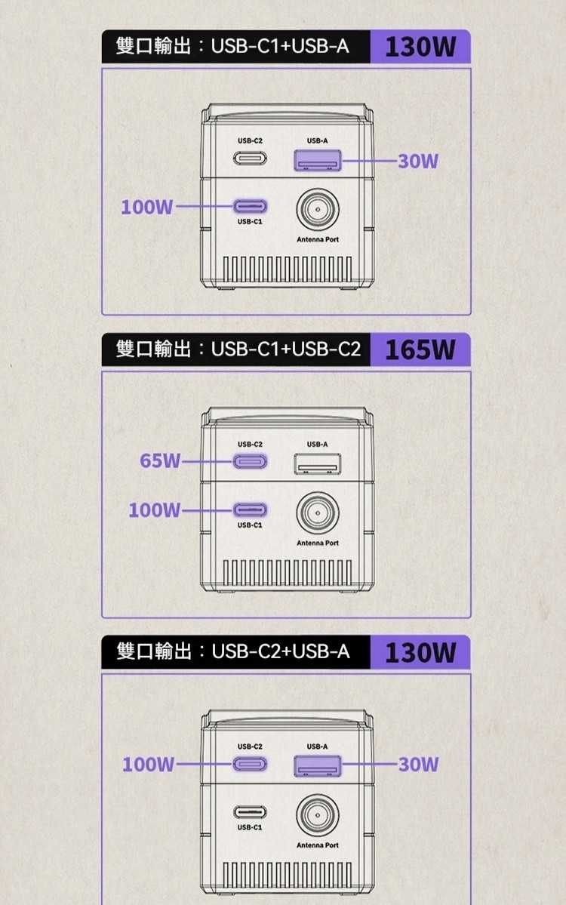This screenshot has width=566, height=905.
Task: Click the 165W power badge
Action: coord(420,349)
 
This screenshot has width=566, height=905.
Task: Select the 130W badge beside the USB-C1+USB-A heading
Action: coord(420,47)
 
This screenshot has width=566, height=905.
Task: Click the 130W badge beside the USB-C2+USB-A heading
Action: coord(420,652)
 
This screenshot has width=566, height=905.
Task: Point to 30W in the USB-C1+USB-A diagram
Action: coord(419,161)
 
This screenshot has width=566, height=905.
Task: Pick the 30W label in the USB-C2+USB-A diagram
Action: coord(419,765)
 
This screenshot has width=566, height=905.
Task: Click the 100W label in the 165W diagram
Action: coord(155,511)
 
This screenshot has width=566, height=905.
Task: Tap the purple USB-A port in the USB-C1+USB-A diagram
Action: coord(317,160)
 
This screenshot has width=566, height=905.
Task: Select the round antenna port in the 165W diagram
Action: coord(317,511)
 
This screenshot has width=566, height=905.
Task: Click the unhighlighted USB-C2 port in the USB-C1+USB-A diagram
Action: coord(250,159)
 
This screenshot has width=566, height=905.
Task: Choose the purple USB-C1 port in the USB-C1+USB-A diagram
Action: coord(250,206)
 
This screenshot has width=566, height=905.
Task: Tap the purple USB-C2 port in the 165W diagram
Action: coord(250,461)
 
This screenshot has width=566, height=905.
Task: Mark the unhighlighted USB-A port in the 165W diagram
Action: coord(317,463)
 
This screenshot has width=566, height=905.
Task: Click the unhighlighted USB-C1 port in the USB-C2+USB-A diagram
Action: coord(250,811)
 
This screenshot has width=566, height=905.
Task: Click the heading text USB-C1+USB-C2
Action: coord(286,350)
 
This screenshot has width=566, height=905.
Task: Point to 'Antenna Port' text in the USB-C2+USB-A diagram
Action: coord(317,845)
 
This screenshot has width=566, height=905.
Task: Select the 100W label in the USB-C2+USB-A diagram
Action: coord(149,765)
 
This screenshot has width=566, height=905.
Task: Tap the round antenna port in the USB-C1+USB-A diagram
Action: coord(317,208)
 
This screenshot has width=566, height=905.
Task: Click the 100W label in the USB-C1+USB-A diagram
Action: coord(147,207)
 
